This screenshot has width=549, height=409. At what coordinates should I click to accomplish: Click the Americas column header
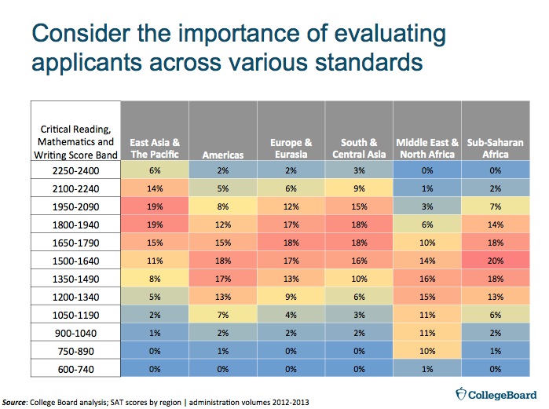[221, 155]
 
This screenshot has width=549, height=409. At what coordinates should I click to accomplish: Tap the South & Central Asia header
[361, 148]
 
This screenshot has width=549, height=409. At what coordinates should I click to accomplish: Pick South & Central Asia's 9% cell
[361, 188]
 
